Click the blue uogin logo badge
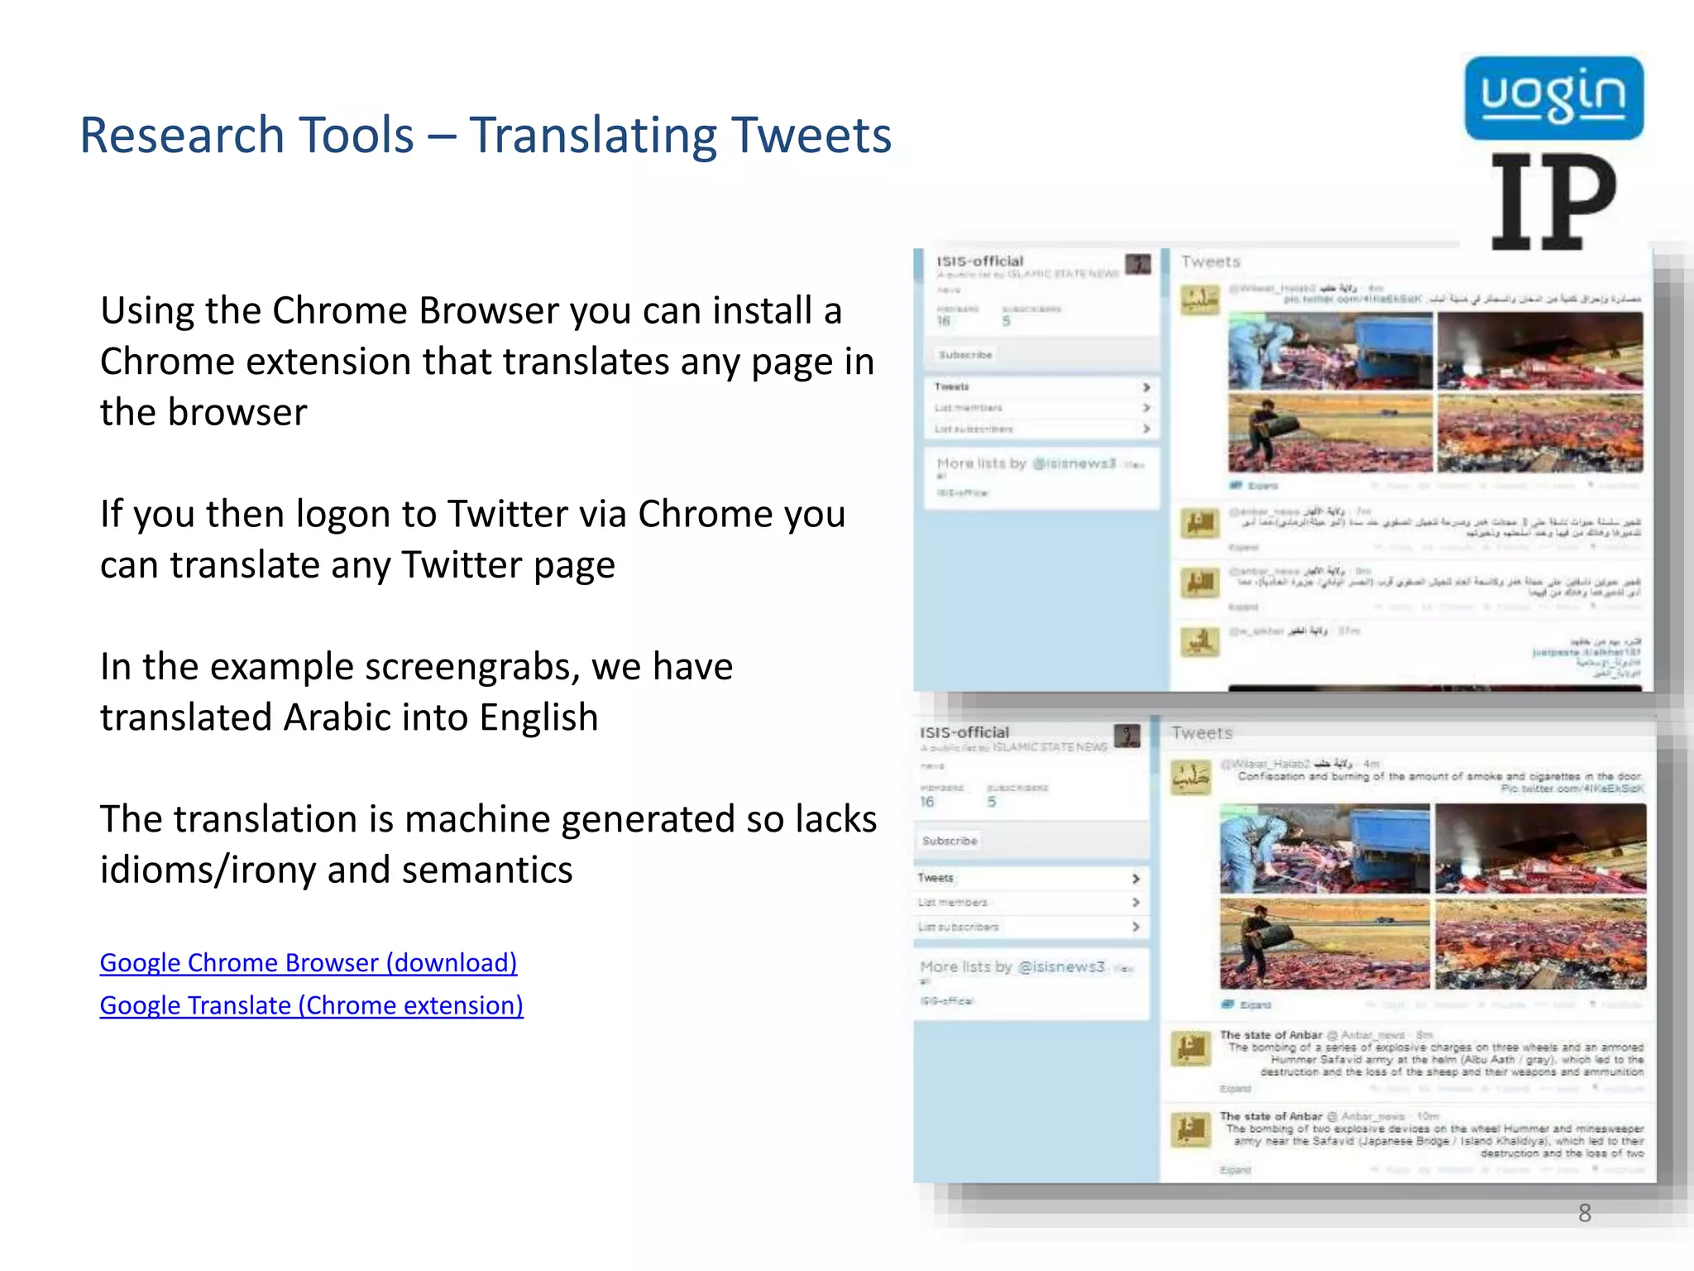pyautogui.click(x=1553, y=98)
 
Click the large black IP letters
pyautogui.click(x=1553, y=202)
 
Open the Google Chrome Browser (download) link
pyautogui.click(x=309, y=962)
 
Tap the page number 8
pyautogui.click(x=1584, y=1213)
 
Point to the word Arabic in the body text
pyautogui.click(x=337, y=717)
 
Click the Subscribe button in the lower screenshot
pyautogui.click(x=950, y=841)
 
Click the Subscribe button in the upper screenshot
pyautogui.click(x=965, y=355)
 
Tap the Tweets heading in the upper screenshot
pyautogui.click(x=1211, y=262)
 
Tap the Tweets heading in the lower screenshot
pyautogui.click(x=1202, y=733)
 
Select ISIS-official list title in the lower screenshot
pyautogui.click(x=964, y=732)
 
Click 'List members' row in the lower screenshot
pyautogui.click(x=953, y=902)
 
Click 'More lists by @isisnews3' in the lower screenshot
pyautogui.click(x=1012, y=966)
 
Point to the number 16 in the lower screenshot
pyautogui.click(x=927, y=802)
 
